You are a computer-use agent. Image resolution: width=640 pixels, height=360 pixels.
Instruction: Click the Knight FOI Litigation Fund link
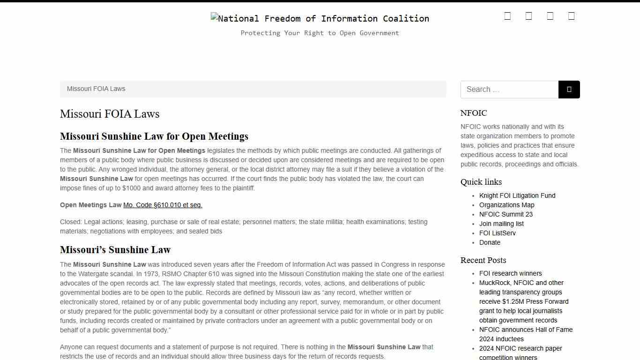pyautogui.click(x=517, y=195)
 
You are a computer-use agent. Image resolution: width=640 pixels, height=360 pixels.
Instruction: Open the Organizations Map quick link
pyautogui.click(x=506, y=205)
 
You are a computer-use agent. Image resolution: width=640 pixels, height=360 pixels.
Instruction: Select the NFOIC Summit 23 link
pyautogui.click(x=506, y=214)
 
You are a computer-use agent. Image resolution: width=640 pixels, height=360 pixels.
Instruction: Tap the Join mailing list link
pyautogui.click(x=501, y=224)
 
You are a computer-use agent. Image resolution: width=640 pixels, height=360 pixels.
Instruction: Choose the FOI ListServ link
pyautogui.click(x=497, y=233)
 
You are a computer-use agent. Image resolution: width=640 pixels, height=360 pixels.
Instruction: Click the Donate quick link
pyautogui.click(x=490, y=242)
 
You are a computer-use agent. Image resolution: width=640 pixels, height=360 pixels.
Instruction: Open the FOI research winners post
pyautogui.click(x=510, y=273)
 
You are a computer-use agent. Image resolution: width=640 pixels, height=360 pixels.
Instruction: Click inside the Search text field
pyautogui.click(x=509, y=90)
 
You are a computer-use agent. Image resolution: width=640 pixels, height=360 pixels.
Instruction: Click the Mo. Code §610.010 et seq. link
pyautogui.click(x=163, y=205)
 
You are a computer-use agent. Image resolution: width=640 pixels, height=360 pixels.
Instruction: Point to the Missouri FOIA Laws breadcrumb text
pyautogui.click(x=96, y=89)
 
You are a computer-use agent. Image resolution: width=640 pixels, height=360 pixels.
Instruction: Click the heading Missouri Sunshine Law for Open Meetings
pyautogui.click(x=154, y=136)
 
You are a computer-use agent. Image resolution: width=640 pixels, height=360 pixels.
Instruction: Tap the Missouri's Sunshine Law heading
pyautogui.click(x=115, y=250)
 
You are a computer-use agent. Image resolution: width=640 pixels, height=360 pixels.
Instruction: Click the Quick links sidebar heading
pyautogui.click(x=481, y=182)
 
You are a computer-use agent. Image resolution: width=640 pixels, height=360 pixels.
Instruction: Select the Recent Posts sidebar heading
pyautogui.click(x=483, y=260)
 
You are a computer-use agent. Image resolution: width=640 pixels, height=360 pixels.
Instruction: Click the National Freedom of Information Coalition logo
pyautogui.click(x=320, y=19)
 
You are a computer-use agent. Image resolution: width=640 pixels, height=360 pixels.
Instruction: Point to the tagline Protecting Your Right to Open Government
pyautogui.click(x=320, y=33)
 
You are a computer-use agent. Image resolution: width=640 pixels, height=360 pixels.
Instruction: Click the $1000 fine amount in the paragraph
pyautogui.click(x=131, y=188)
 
